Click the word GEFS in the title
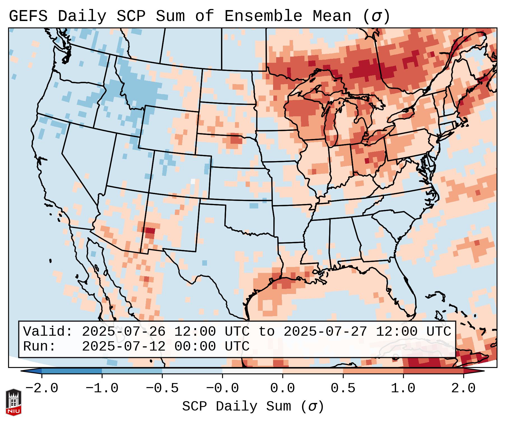(x=28, y=16)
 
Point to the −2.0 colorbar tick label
(x=42, y=388)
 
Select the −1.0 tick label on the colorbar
(x=102, y=388)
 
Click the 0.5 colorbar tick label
(x=343, y=388)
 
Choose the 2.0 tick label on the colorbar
(x=463, y=388)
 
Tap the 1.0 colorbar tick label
(x=403, y=388)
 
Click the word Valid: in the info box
(x=48, y=331)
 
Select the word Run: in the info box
(x=39, y=346)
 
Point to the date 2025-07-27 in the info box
(x=325, y=331)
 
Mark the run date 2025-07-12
(x=124, y=346)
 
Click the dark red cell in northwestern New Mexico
(x=150, y=231)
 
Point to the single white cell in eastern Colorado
(x=193, y=181)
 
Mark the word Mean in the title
(x=332, y=16)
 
